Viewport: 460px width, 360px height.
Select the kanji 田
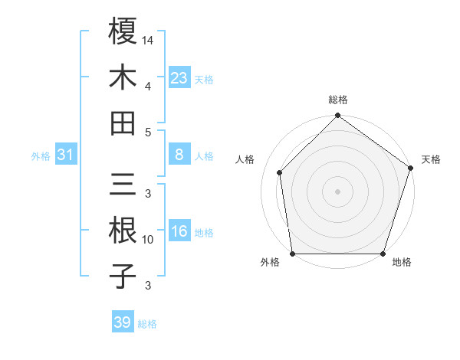(123, 123)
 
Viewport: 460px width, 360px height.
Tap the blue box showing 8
(179, 155)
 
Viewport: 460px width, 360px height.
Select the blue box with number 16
(179, 231)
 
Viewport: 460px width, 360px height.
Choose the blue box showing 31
(66, 155)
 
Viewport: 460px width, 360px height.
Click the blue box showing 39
(122, 322)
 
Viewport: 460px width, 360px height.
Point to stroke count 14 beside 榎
(148, 39)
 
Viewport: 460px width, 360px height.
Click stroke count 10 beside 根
(148, 240)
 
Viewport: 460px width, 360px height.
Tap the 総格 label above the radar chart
(338, 100)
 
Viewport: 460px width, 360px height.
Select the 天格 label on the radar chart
(431, 159)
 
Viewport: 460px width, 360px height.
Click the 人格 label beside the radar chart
(246, 159)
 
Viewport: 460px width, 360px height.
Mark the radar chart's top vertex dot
(337, 116)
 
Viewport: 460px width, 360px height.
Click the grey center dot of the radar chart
(337, 191)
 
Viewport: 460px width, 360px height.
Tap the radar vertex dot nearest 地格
(383, 254)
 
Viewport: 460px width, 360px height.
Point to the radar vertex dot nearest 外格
(292, 254)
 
